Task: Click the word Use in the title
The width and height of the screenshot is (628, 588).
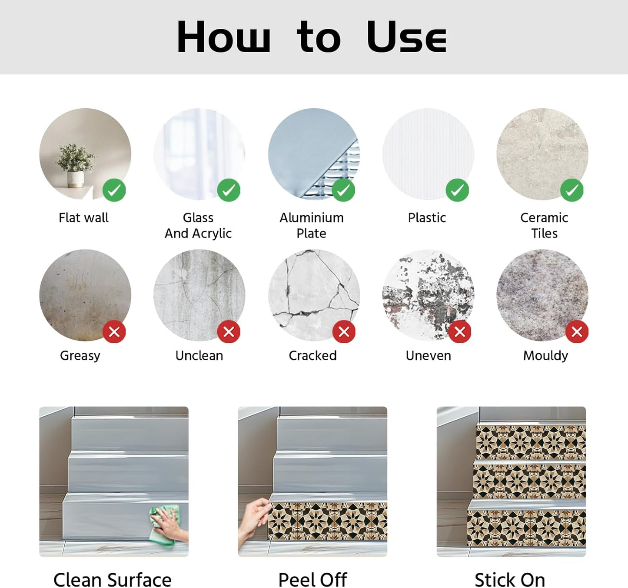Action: pyautogui.click(x=407, y=36)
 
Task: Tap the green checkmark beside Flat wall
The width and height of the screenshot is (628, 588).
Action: pyautogui.click(x=114, y=190)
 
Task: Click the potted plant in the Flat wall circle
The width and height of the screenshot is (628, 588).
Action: pyautogui.click(x=76, y=166)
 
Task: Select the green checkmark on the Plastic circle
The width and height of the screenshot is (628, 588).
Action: pyautogui.click(x=457, y=190)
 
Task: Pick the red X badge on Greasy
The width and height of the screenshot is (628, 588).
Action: pyautogui.click(x=114, y=332)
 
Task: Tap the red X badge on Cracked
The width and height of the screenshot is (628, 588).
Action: pyautogui.click(x=344, y=332)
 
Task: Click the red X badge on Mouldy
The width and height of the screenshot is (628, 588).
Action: pyautogui.click(x=577, y=332)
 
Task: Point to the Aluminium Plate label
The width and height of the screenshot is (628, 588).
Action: pyautogui.click(x=312, y=225)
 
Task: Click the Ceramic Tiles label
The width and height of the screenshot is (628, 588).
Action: pyautogui.click(x=544, y=225)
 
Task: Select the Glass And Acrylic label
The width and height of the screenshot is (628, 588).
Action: pyautogui.click(x=198, y=225)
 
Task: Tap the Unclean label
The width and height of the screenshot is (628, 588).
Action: pyautogui.click(x=199, y=355)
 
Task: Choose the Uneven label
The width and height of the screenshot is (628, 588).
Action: pyautogui.click(x=429, y=355)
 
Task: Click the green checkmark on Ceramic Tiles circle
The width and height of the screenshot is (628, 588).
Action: pyautogui.click(x=572, y=190)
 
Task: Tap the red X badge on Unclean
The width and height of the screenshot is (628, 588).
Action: pyautogui.click(x=229, y=332)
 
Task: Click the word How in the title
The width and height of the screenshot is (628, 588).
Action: pyautogui.click(x=223, y=36)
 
